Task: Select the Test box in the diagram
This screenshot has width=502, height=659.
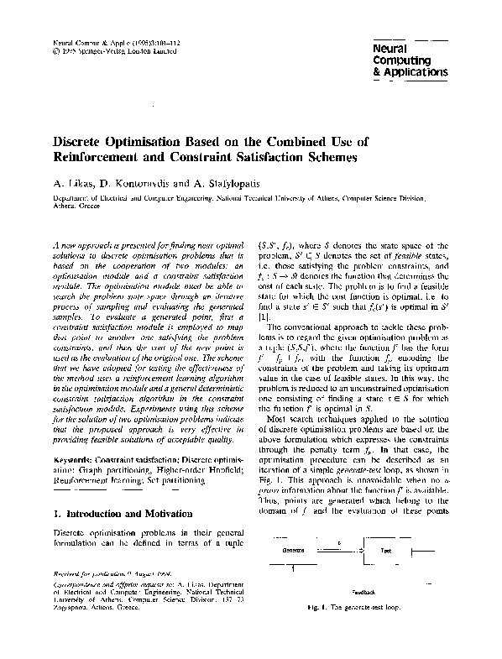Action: (x=386, y=549)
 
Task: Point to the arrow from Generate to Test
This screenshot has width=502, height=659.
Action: (x=340, y=546)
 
